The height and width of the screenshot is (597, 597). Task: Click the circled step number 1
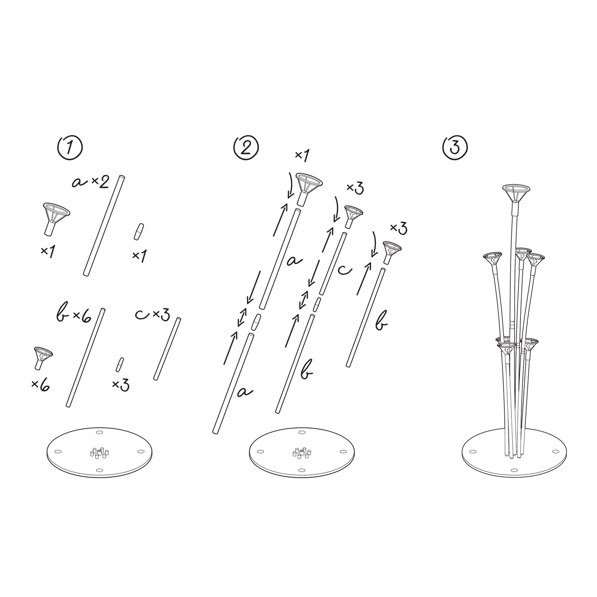coord(70,148)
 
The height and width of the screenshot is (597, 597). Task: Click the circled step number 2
coord(246,148)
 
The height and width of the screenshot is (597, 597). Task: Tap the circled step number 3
coord(455,148)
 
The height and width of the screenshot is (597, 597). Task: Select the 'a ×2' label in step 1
coord(90,182)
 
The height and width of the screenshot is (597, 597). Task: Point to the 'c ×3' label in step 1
coord(152,314)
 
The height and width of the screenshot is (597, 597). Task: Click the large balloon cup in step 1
coord(56,219)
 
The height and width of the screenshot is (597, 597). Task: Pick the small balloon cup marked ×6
coord(43,357)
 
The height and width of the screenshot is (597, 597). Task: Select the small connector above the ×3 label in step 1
coord(119,365)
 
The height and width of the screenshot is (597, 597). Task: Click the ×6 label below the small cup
coord(41,384)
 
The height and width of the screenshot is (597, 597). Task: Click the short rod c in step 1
coord(167,349)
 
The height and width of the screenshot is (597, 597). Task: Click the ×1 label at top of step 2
coord(302,156)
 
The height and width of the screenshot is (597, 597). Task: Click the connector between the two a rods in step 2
coord(256,323)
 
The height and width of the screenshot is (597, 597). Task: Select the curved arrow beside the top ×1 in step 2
coord(291,184)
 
